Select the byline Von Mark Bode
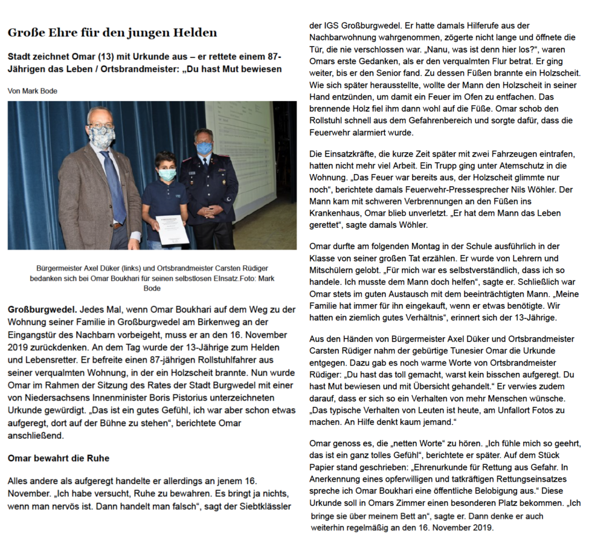32,91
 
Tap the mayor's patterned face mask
102,137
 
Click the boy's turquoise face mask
167,174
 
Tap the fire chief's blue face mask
204,148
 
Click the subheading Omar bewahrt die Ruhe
58,459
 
